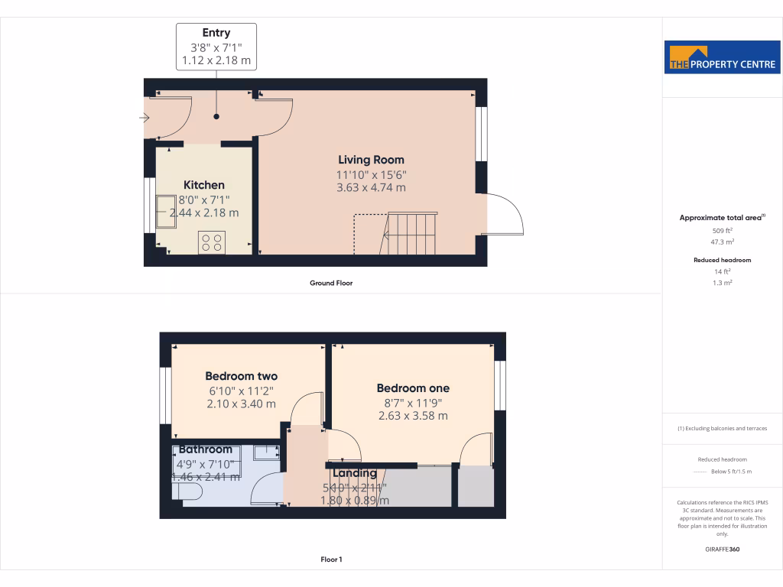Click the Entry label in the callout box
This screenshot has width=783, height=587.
(216, 33)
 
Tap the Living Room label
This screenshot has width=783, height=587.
(371, 160)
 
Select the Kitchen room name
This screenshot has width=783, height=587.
(204, 185)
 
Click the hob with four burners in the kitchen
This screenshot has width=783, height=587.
(211, 242)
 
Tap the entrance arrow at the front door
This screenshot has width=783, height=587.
(145, 118)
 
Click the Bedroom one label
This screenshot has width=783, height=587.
(413, 388)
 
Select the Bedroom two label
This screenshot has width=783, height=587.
(241, 376)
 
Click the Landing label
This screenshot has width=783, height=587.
(354, 473)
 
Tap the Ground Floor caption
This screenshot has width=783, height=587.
(331, 283)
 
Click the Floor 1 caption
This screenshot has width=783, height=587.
(331, 559)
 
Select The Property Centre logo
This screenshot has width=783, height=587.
(722, 57)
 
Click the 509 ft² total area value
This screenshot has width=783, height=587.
(722, 230)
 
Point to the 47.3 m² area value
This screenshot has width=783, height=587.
(722, 242)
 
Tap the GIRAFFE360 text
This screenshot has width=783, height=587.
(722, 550)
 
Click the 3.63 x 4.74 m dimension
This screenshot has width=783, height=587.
(371, 187)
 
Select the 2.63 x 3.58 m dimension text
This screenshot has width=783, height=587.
(413, 416)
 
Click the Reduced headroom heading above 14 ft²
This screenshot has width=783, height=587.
(722, 260)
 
